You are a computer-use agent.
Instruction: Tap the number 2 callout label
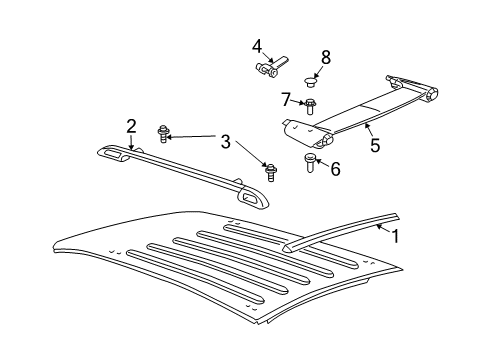click(131, 125)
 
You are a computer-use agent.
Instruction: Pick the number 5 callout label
click(375, 145)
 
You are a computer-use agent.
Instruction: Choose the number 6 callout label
click(335, 169)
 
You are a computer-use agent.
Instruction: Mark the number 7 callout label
click(285, 98)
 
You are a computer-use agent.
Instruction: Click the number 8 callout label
click(325, 57)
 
